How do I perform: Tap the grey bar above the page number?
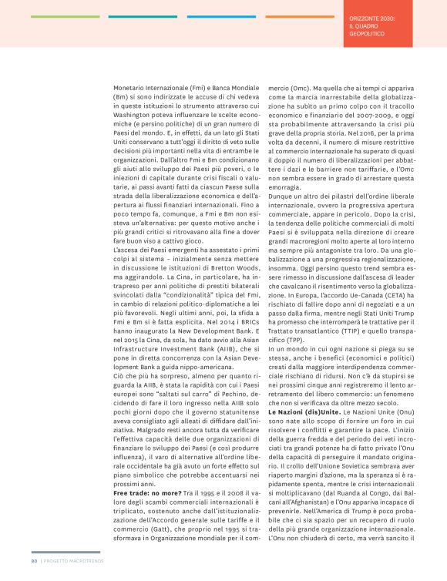click(65, 552)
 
